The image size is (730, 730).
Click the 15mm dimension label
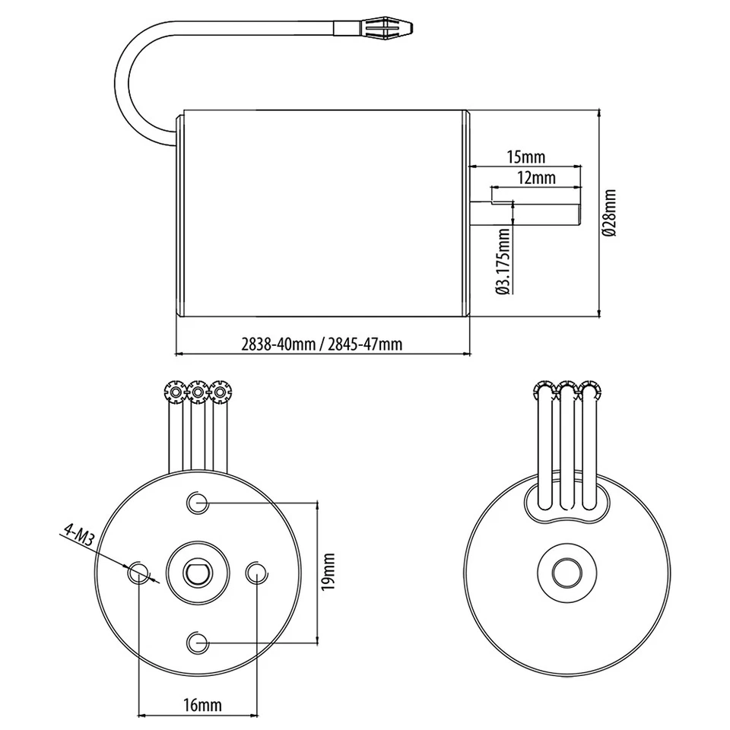pos(525,157)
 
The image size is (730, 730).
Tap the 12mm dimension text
pos(536,178)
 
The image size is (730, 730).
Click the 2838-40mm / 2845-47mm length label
pos(322,344)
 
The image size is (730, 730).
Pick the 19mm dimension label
pos(328,570)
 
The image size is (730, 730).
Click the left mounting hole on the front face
pos(138,572)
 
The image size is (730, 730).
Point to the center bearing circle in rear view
pos(566,572)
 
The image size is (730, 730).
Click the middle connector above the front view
pos(198,392)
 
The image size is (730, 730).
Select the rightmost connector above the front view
pos(221,392)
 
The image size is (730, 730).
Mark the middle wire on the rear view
pos(567,449)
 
